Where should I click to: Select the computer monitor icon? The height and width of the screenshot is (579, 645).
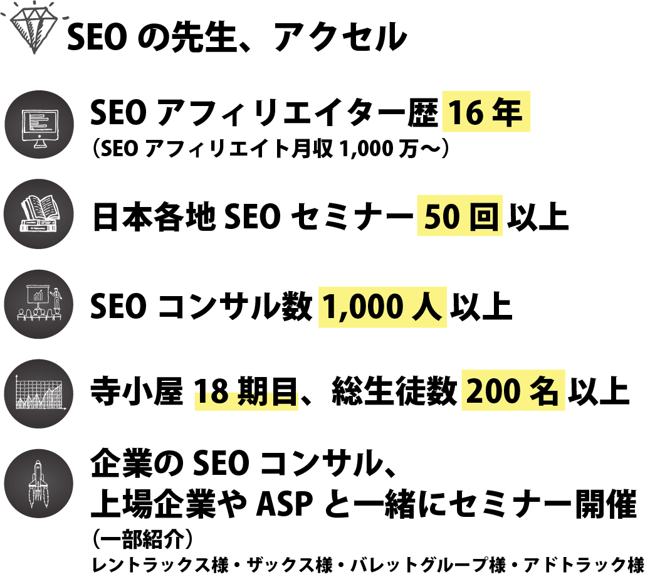(39, 125)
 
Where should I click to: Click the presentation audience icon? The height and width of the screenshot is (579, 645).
(39, 304)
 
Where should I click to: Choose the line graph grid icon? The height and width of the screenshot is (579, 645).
(39, 394)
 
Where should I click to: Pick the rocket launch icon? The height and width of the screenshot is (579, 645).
(38, 484)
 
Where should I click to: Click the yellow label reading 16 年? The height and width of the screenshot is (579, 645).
(486, 112)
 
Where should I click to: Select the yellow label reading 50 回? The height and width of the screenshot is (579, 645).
(459, 216)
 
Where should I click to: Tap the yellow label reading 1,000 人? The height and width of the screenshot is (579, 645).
(382, 307)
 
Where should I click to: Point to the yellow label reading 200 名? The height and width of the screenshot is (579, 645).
(513, 391)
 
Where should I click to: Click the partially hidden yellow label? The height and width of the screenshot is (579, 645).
(246, 400)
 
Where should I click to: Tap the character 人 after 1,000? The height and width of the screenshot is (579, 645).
(427, 307)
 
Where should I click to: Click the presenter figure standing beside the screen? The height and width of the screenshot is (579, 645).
(57, 297)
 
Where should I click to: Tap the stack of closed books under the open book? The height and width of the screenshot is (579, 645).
(37, 224)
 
